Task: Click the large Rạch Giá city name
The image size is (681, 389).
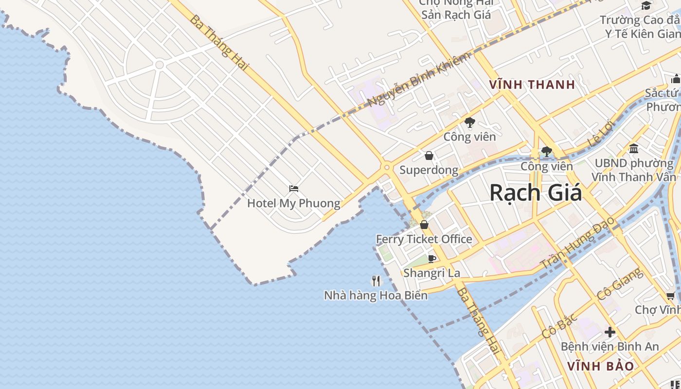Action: (x=535, y=193)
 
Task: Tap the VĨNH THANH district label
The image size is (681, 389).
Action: (x=532, y=85)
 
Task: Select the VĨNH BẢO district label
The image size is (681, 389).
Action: (x=601, y=366)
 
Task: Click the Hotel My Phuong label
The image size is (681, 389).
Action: (x=293, y=203)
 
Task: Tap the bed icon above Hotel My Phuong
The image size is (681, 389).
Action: (x=293, y=189)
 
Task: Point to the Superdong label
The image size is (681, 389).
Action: (x=429, y=170)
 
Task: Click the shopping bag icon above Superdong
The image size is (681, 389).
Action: (x=429, y=156)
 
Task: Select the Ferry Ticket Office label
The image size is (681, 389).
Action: (x=424, y=239)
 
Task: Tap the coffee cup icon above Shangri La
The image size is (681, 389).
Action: (x=431, y=259)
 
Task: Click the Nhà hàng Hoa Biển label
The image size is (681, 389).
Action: (x=376, y=295)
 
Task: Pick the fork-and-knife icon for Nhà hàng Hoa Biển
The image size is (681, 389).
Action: (x=376, y=281)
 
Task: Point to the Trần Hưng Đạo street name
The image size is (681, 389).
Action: (x=578, y=243)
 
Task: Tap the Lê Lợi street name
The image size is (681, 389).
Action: (x=601, y=133)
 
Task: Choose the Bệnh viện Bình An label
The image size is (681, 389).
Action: (x=609, y=347)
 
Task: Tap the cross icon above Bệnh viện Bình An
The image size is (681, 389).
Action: (x=610, y=332)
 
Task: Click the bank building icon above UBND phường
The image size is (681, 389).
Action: (x=634, y=148)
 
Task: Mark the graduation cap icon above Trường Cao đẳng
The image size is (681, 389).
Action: (x=646, y=5)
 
